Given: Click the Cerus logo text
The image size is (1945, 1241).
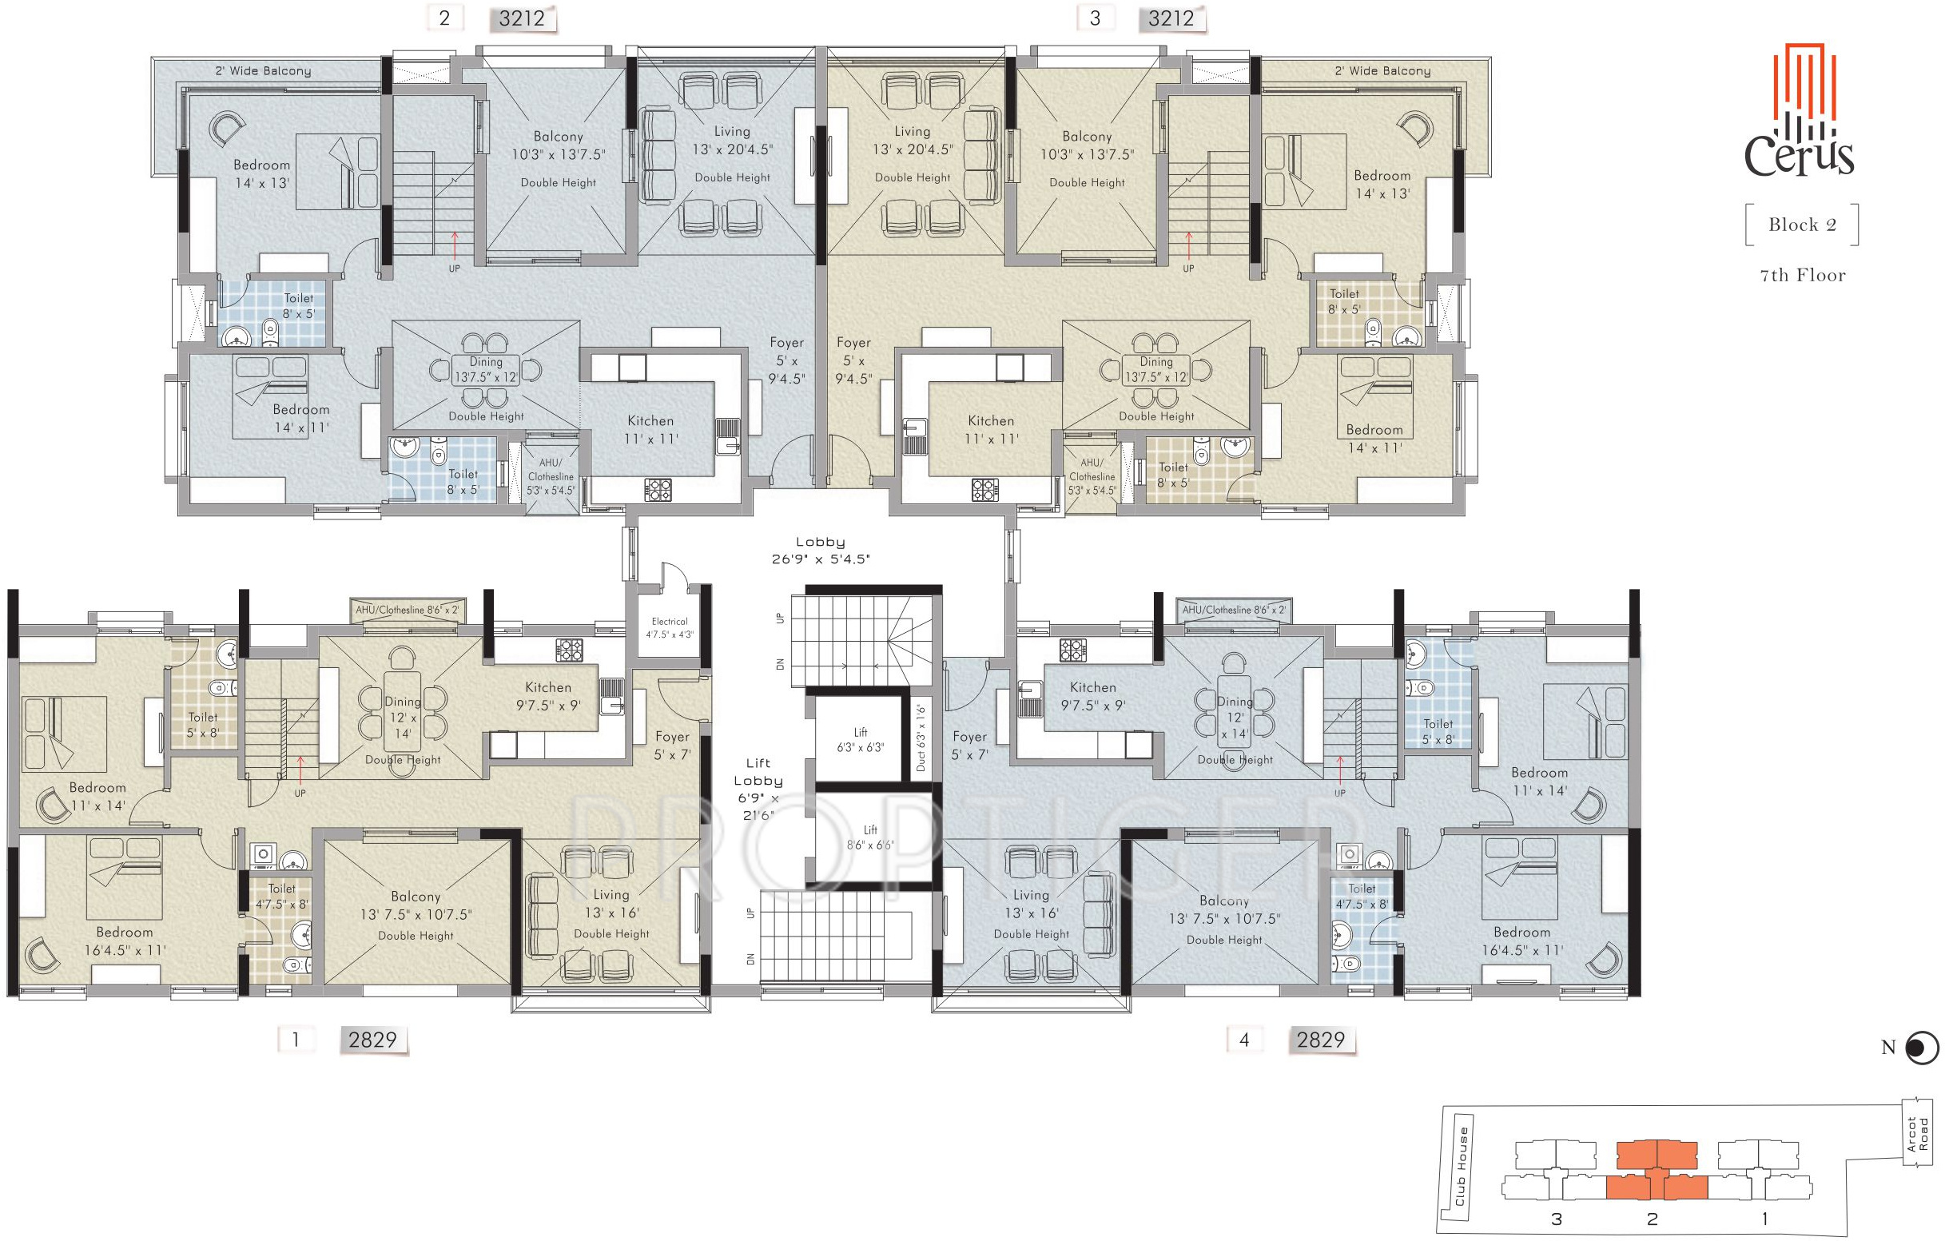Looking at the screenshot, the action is [1799, 153].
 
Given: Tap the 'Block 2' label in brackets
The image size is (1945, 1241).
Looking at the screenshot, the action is [1802, 225].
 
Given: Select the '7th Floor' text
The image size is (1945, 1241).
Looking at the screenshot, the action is [1802, 276].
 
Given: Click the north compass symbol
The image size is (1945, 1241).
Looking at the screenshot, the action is [1921, 1048].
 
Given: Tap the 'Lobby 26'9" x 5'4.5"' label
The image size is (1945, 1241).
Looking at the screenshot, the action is [821, 551].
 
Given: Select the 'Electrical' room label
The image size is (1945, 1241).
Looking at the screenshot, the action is [670, 622].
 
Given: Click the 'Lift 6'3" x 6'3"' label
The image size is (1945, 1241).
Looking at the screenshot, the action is [860, 739].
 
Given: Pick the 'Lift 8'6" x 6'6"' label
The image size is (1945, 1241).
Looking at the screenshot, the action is [870, 837].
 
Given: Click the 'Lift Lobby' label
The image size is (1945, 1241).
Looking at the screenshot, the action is [758, 772].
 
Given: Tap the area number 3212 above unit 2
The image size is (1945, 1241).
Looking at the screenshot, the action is [522, 18].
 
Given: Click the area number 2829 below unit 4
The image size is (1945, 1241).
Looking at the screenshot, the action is [1321, 1040].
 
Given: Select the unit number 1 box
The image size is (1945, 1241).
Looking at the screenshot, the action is [296, 1039].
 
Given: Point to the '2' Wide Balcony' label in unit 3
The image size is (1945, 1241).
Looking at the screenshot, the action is [1382, 71].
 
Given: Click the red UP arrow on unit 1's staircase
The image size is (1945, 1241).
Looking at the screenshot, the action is [300, 770].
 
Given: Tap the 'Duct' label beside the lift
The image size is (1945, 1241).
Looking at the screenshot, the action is [921, 761].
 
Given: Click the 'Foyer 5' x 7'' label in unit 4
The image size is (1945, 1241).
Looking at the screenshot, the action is [969, 746].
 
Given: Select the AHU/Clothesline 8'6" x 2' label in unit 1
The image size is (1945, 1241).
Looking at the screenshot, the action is [407, 610].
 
